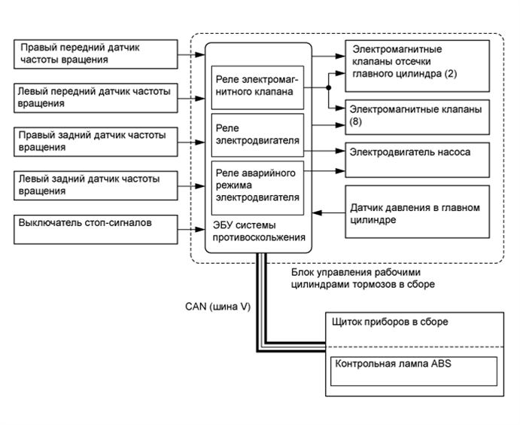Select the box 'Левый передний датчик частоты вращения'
click(x=96, y=98)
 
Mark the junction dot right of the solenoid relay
click(x=329, y=87)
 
